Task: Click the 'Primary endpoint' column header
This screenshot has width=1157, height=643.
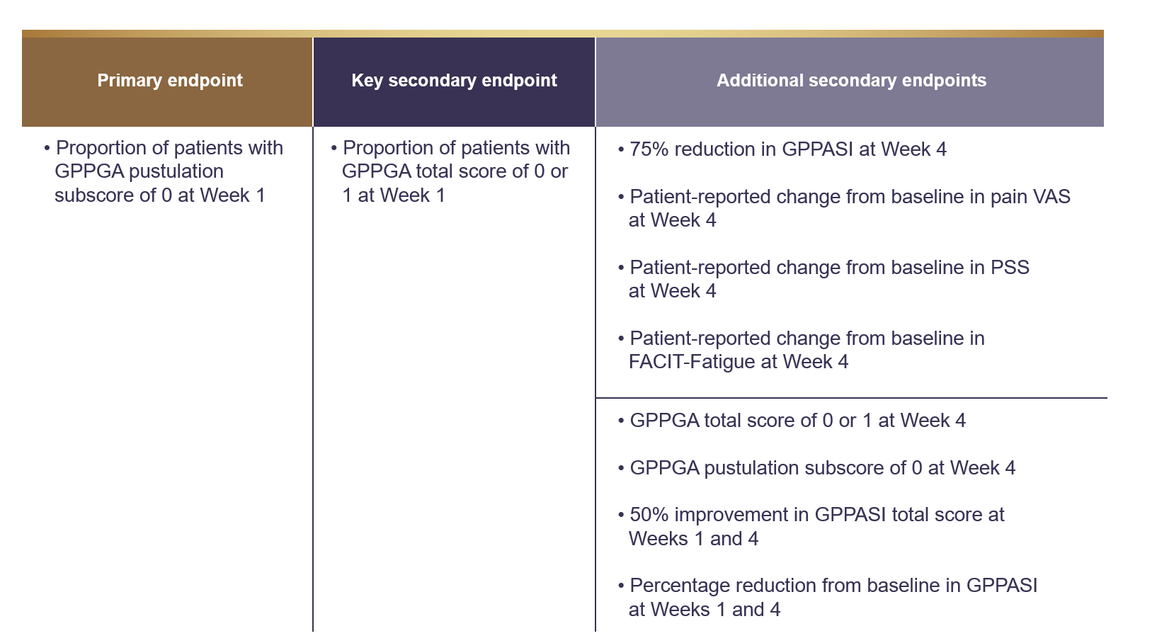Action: [170, 81]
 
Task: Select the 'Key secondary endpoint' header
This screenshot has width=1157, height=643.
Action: [454, 81]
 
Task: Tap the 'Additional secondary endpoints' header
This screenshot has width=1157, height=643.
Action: [851, 81]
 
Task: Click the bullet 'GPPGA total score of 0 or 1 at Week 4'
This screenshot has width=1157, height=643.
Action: [797, 421]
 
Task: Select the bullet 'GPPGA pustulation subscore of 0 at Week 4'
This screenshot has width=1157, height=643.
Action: [822, 468]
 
